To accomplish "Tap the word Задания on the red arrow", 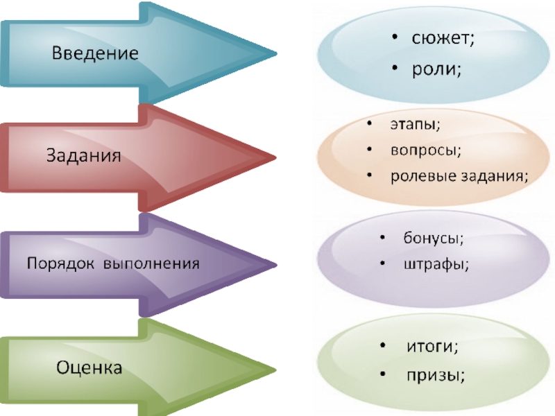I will (x=83, y=156).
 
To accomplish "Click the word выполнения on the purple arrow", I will (x=152, y=264).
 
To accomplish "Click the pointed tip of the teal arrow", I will (x=275, y=53).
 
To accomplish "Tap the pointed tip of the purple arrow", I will (x=275, y=264).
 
